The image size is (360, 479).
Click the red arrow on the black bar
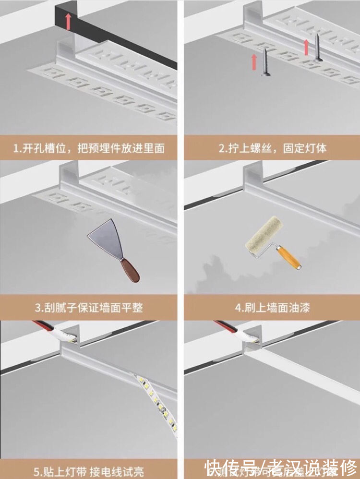click(x=68, y=22)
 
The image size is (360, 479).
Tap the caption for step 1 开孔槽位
click(x=89, y=148)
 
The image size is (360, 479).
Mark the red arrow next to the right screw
click(x=306, y=47)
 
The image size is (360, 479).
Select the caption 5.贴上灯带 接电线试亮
click(x=89, y=471)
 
